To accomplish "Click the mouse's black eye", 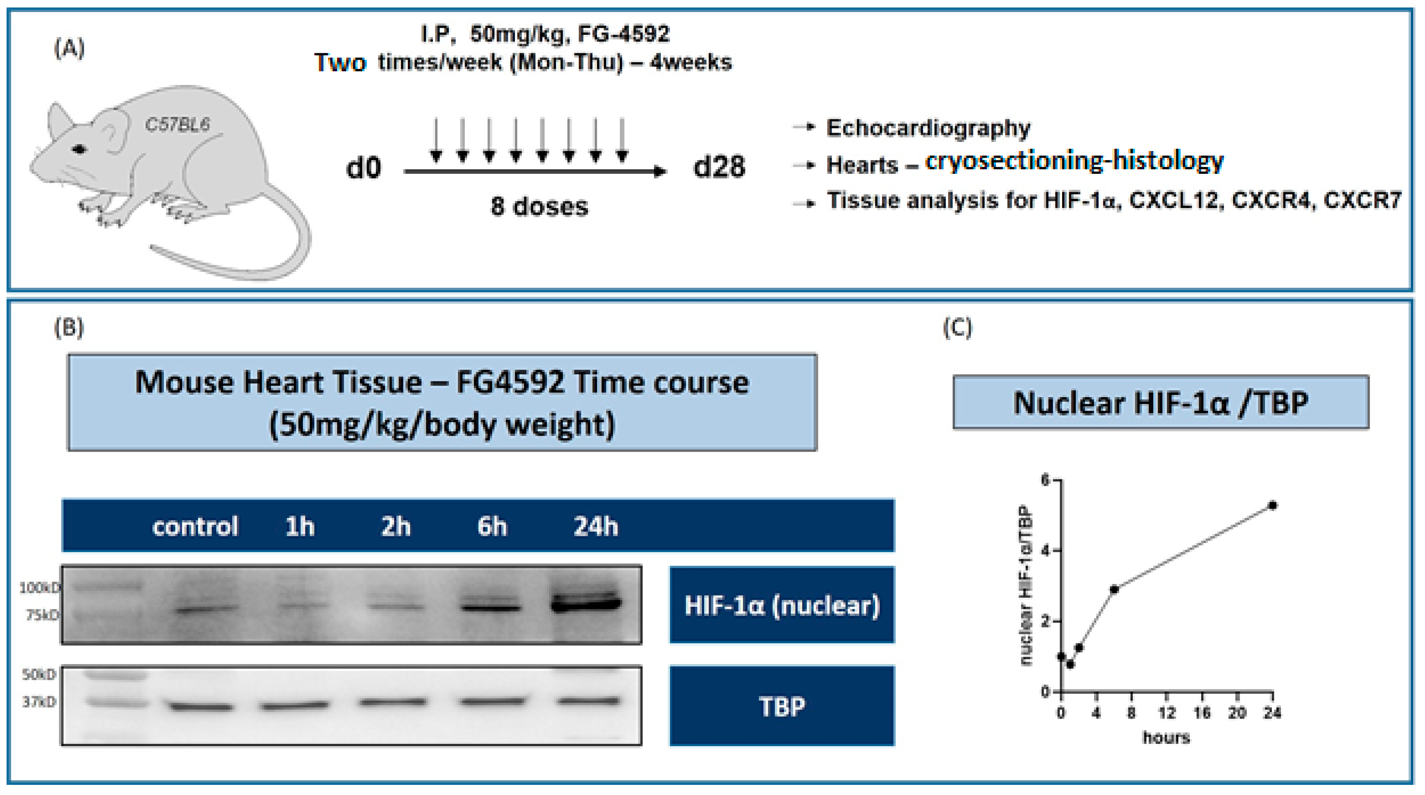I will pyautogui.click(x=80, y=149).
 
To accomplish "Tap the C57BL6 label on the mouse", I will pyautogui.click(x=177, y=124).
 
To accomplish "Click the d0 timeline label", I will pyautogui.click(x=364, y=167).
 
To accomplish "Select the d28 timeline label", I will pyautogui.click(x=719, y=167).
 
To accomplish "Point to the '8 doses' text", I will pyautogui.click(x=539, y=206).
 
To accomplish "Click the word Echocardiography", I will pyautogui.click(x=928, y=128).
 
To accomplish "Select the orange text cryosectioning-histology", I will pyautogui.click(x=1074, y=161).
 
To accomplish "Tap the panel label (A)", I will pyautogui.click(x=69, y=49).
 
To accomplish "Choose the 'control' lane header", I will pyautogui.click(x=195, y=526).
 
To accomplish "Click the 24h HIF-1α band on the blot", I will pyautogui.click(x=586, y=604).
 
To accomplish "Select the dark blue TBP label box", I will pyautogui.click(x=782, y=706).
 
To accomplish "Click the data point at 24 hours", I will pyautogui.click(x=1272, y=505).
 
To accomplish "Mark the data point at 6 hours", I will pyautogui.click(x=1114, y=589).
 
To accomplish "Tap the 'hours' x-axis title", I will pyautogui.click(x=1166, y=737).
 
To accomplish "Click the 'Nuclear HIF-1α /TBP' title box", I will pyautogui.click(x=1161, y=402).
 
